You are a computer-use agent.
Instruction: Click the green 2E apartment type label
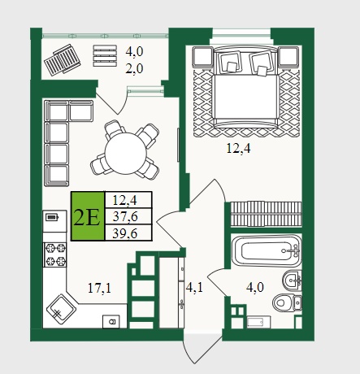(x=88, y=216)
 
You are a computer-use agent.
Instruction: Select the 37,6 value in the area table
(x=125, y=216)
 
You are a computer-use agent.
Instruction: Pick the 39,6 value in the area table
(x=125, y=233)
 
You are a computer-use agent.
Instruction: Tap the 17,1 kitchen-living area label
(x=99, y=288)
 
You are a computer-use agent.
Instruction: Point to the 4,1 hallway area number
(x=194, y=287)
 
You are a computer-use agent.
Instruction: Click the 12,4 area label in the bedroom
(x=238, y=148)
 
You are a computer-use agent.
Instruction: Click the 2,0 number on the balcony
(x=134, y=68)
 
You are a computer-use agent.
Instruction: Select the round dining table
(x=126, y=153)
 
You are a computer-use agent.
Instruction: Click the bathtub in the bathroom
(x=267, y=251)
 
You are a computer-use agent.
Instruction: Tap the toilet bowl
(x=287, y=302)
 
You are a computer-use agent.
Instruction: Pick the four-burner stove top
(x=55, y=254)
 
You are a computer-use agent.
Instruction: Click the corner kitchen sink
(x=61, y=309)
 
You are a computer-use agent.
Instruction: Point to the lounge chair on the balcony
(x=63, y=59)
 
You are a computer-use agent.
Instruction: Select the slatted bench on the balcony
(x=105, y=56)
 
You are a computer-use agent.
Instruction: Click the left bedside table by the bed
(x=203, y=57)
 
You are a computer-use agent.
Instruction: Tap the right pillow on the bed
(x=260, y=63)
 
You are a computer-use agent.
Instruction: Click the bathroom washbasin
(x=292, y=280)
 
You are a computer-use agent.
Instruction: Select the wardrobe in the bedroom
(x=266, y=214)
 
